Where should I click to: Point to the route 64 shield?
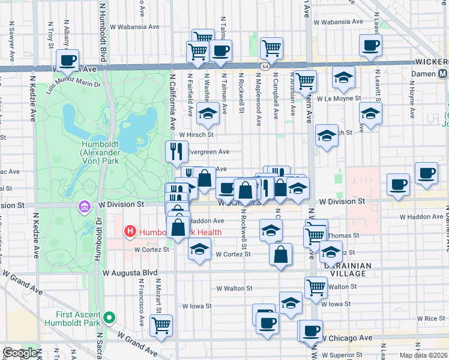(265, 64)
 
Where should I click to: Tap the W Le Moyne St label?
(339, 98)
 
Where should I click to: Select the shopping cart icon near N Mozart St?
(161, 325)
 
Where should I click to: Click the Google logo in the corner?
(20, 353)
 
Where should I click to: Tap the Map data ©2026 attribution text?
(423, 355)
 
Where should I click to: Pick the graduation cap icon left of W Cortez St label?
(199, 250)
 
